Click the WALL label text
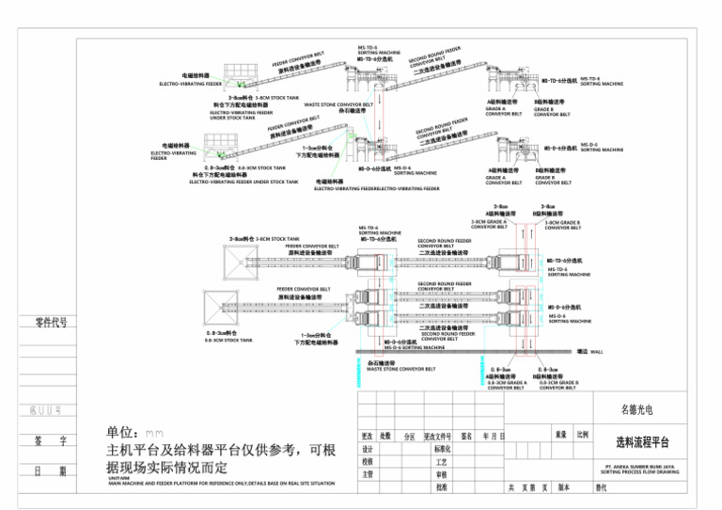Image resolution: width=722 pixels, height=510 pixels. (x=596, y=351)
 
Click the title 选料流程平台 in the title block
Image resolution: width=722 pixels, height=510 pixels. (x=642, y=441)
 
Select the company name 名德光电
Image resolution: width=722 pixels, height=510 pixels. (x=642, y=409)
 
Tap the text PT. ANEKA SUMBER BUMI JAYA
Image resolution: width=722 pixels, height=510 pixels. (x=642, y=466)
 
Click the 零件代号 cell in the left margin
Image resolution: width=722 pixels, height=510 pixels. (x=51, y=323)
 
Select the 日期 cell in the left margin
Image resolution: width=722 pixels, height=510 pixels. (x=51, y=470)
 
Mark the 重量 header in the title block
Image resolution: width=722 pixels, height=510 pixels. (x=560, y=436)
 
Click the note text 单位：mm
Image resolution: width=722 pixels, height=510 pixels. (x=135, y=432)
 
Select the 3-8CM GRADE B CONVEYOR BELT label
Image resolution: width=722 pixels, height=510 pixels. (x=562, y=224)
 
